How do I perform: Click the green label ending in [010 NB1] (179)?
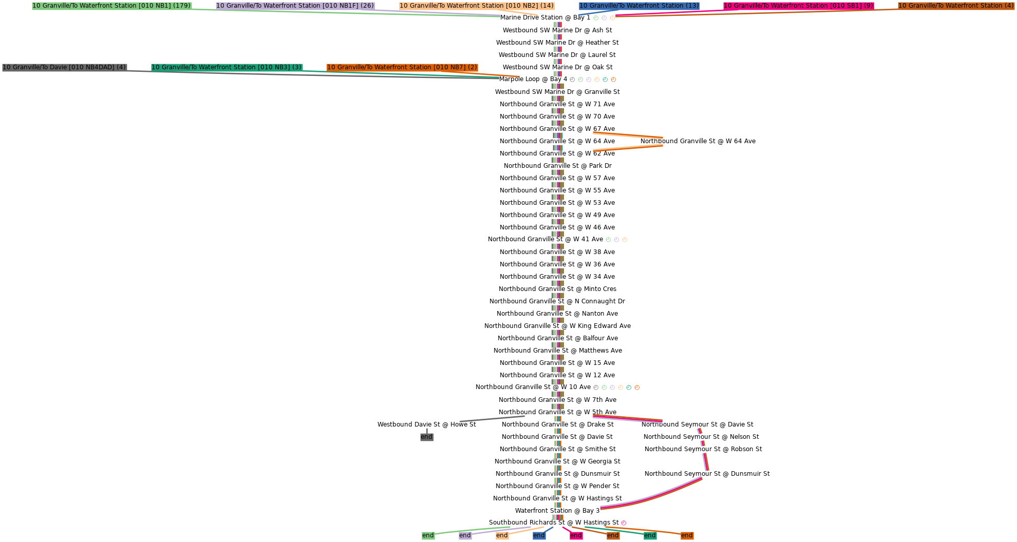click(x=111, y=6)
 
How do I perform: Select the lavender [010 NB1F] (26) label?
click(x=295, y=6)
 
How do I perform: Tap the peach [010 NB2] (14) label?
click(x=477, y=6)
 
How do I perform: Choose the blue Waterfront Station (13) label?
click(x=639, y=6)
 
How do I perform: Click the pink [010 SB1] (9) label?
click(x=798, y=6)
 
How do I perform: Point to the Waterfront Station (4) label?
click(x=956, y=6)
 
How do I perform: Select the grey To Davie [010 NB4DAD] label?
click(x=64, y=67)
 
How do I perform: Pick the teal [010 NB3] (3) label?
click(x=227, y=67)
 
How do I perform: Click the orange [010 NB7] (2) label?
click(x=402, y=67)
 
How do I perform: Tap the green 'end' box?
click(x=428, y=535)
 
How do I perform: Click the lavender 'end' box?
click(x=465, y=535)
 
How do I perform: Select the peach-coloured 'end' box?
click(x=502, y=535)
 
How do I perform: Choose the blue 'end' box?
click(x=539, y=535)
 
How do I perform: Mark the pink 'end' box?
click(x=576, y=535)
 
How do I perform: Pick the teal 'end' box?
click(x=650, y=535)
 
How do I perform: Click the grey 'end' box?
click(x=426, y=437)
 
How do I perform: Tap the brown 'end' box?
click(x=613, y=535)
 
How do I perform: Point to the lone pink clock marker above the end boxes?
click(x=624, y=523)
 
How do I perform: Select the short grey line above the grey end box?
click(x=492, y=419)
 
